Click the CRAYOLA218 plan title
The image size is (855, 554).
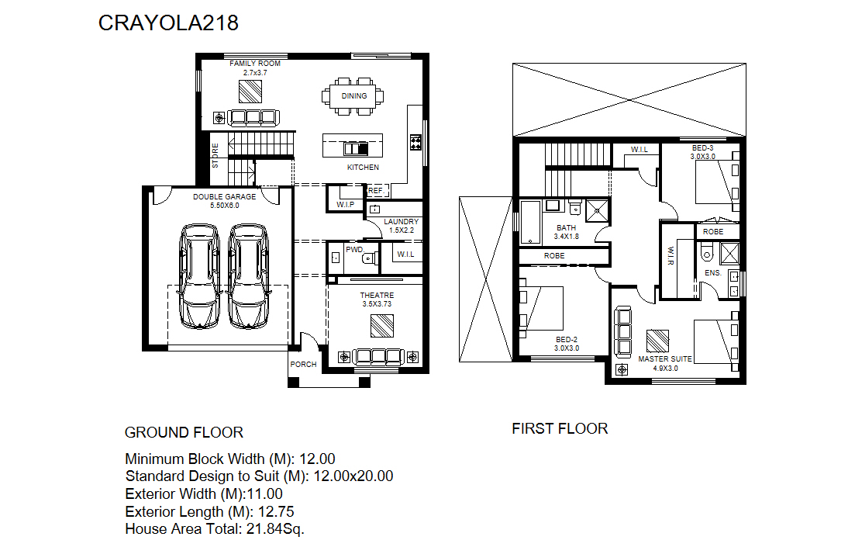[168, 23]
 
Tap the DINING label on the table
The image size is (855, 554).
[354, 96]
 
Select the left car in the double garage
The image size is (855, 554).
[199, 276]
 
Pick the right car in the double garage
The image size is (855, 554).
[248, 276]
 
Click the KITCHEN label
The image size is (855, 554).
[363, 168]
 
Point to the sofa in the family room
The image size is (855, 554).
[253, 117]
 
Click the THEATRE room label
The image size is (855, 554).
[377, 296]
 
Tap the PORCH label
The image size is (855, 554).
[303, 365]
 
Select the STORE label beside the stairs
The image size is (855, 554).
[215, 155]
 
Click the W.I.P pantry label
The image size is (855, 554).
[345, 205]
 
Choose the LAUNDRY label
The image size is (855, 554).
[402, 222]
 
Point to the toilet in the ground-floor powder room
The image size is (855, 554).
[371, 258]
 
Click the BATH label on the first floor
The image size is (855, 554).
[566, 227]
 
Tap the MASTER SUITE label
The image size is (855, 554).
[664, 359]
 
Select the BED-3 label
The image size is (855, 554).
[703, 148]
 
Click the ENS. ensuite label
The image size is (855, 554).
[712, 273]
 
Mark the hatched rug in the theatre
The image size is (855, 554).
[381, 327]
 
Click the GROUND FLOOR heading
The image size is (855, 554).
[184, 433]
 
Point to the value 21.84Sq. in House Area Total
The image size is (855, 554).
[275, 529]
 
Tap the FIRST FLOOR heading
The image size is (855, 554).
[560, 429]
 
